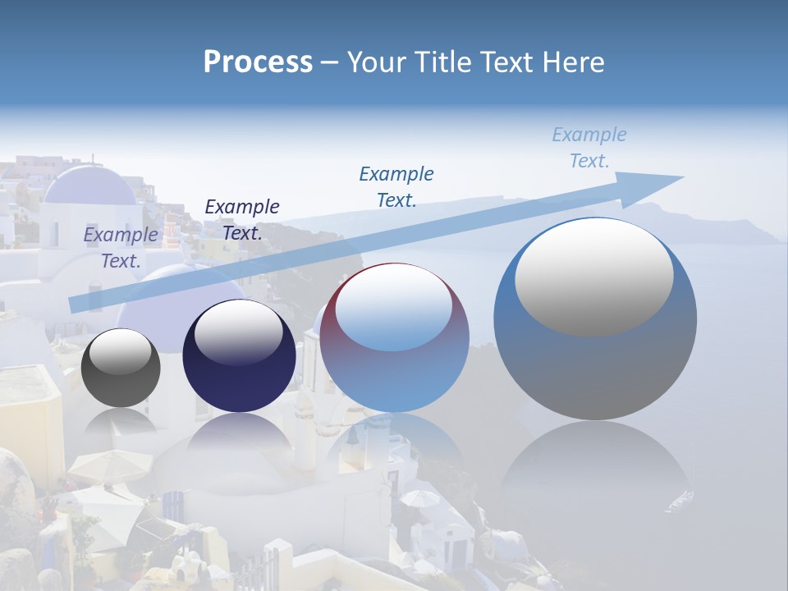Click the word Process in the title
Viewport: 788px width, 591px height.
[258, 62]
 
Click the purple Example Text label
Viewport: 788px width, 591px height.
[121, 247]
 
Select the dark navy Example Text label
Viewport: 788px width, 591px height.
[241, 219]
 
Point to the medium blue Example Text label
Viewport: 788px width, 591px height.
[396, 186]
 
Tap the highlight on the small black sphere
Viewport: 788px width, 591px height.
[120, 350]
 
